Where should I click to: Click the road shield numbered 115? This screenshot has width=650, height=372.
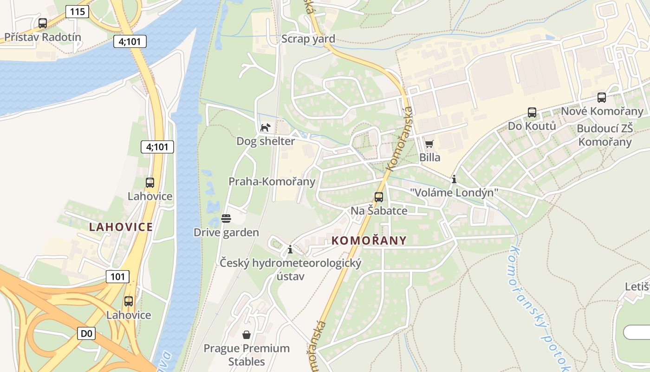[x=77, y=11]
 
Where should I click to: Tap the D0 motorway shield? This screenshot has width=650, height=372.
[x=86, y=333]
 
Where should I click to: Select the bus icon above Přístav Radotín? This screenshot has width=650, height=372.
[x=43, y=23]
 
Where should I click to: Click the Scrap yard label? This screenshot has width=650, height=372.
[x=308, y=39]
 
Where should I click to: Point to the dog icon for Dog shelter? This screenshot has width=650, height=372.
[x=265, y=127]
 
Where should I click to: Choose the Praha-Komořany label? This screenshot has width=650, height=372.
[x=272, y=181]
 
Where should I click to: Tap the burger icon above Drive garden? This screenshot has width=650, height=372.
[x=226, y=218]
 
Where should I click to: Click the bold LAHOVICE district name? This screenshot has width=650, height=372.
[x=121, y=227]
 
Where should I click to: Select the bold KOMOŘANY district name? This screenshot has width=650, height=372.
[x=369, y=240]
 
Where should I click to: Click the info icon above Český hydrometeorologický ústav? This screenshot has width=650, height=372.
[x=290, y=249]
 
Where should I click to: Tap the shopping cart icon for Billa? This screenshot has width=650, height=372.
[x=429, y=144]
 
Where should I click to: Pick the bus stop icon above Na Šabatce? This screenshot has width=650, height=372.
[x=379, y=197]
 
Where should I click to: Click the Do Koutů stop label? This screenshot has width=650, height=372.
[x=532, y=126]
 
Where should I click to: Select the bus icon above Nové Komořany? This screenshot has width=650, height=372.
[x=602, y=98]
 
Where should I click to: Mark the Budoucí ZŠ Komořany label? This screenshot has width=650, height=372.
[x=604, y=135]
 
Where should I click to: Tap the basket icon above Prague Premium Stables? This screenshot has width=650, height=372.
[x=247, y=334]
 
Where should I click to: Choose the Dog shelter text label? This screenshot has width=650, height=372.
[x=266, y=141]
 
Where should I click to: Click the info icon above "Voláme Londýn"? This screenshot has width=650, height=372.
[x=454, y=179]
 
